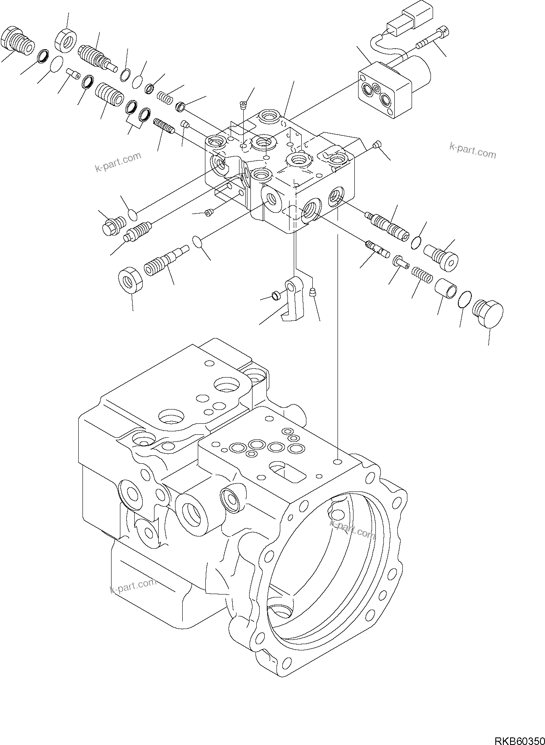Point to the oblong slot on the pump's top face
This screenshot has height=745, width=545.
point(287,471)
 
